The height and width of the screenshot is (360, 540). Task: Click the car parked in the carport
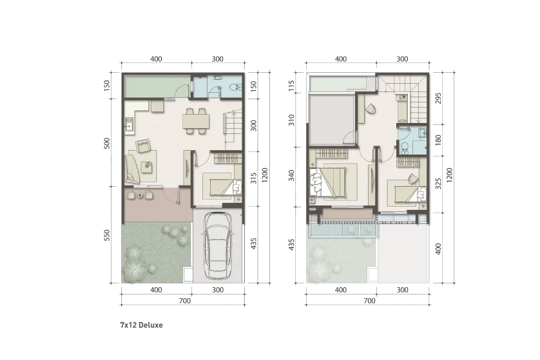(x=217, y=244)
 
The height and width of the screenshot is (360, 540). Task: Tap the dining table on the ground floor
(x=196, y=120)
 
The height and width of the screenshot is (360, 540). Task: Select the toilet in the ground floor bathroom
(x=235, y=88)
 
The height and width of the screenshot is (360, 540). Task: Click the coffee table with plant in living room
(x=148, y=166)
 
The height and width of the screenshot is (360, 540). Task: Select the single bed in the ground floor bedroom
(x=219, y=185)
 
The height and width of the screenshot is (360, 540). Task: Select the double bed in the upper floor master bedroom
(x=334, y=180)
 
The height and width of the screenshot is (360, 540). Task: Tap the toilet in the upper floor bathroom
(x=405, y=147)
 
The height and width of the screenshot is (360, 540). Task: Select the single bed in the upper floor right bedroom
(x=405, y=191)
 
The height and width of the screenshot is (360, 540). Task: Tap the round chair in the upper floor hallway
(x=370, y=110)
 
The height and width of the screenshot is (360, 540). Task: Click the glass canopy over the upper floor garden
(x=342, y=229)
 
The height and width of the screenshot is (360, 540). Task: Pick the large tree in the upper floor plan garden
(x=320, y=259)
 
